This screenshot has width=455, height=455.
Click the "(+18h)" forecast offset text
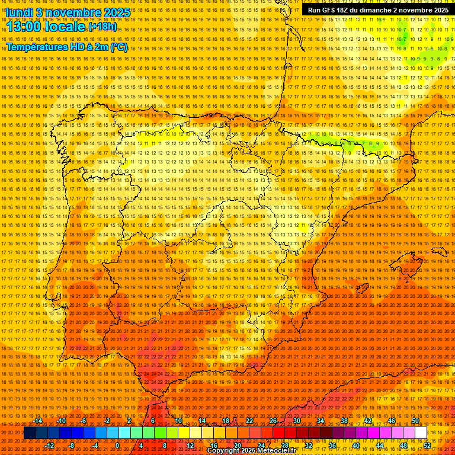click(103, 27)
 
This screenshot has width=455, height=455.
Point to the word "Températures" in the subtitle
click(37, 47)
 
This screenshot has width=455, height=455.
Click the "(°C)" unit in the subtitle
click(118, 47)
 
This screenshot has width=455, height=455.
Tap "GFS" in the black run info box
click(329, 10)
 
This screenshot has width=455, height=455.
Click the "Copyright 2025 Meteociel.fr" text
click(251, 451)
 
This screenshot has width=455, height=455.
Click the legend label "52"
click(427, 446)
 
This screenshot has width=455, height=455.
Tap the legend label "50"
click(415, 421)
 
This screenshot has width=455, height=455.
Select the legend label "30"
click(296, 421)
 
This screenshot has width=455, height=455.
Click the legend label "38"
click(344, 421)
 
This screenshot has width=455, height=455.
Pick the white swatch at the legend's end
click(421, 433)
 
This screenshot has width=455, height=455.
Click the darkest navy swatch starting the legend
click(30, 433)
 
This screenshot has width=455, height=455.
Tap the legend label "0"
click(117, 446)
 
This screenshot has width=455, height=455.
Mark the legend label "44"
click(379, 446)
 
